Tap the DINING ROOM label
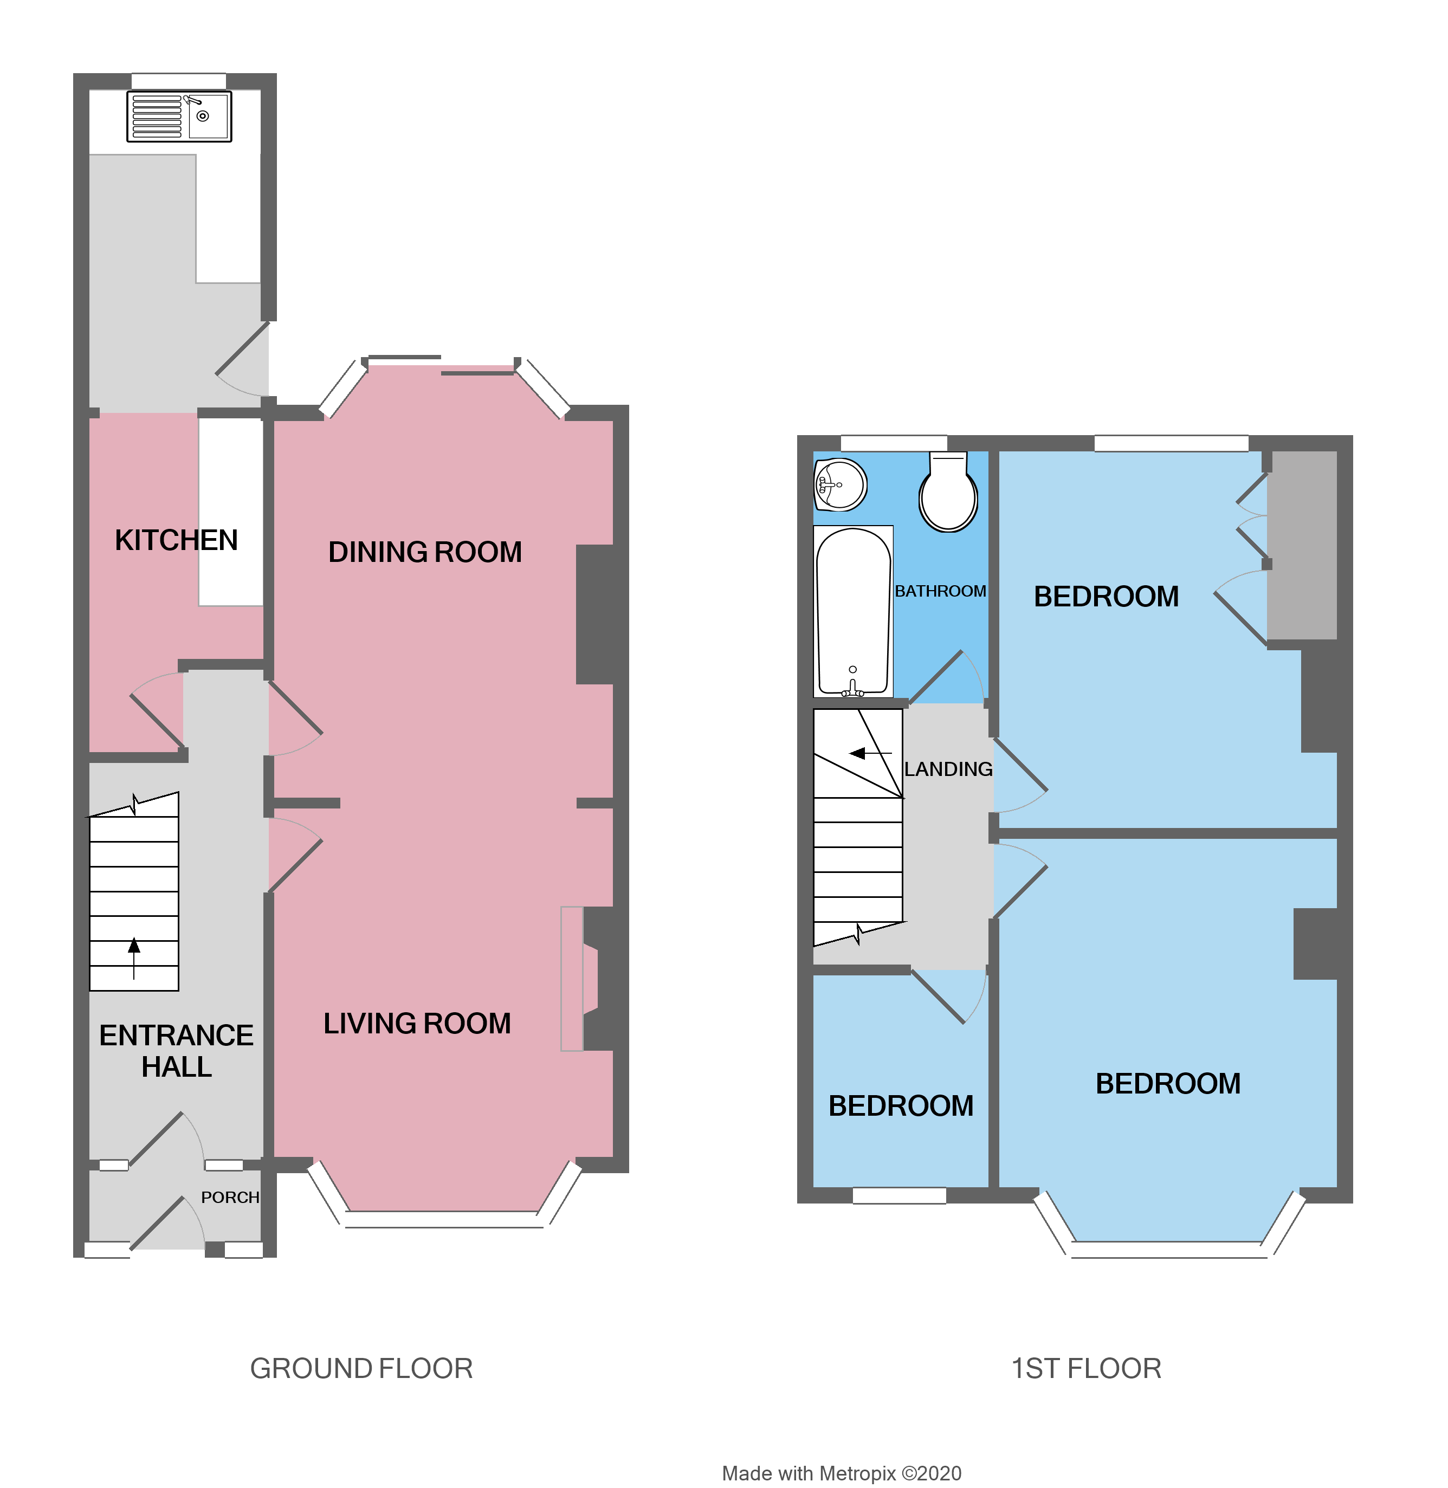(424, 552)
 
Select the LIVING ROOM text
(417, 1024)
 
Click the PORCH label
(230, 1197)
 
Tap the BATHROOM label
(940, 591)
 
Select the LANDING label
(948, 769)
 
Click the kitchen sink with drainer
(179, 117)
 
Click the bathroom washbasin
(841, 485)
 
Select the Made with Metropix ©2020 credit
(841, 1473)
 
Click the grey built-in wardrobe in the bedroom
(1303, 545)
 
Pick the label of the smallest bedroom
(901, 1105)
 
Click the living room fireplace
(586, 979)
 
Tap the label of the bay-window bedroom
(1167, 1084)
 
